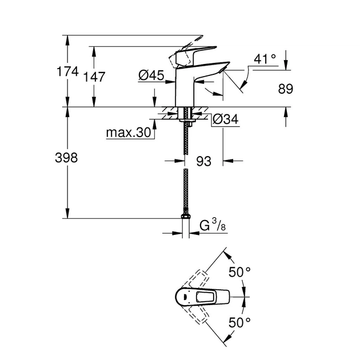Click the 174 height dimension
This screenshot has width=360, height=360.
[77, 73]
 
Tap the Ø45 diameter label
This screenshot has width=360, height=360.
[151, 75]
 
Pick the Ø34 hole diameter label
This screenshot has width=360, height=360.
[225, 119]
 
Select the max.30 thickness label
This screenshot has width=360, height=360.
[128, 133]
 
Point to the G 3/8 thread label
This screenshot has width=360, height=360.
[212, 226]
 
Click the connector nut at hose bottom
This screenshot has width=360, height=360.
[185, 217]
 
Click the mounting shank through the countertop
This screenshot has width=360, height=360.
[185, 114]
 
